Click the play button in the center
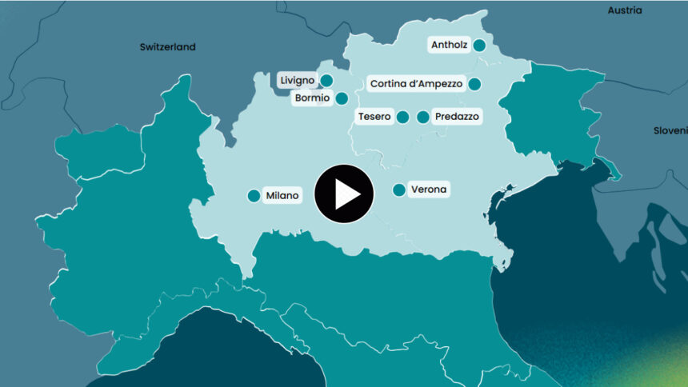(344, 193)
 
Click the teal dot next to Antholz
(479, 46)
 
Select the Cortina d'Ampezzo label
(414, 83)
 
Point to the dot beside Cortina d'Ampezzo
(474, 84)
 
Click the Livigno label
(297, 80)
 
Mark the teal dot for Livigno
(326, 80)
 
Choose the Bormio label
(312, 98)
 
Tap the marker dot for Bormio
(342, 99)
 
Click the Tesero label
(374, 117)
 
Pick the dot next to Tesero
(402, 118)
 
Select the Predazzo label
(457, 117)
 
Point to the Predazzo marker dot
(422, 118)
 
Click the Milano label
(282, 195)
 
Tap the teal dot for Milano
(254, 196)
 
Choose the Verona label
(429, 190)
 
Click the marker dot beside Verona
(398, 190)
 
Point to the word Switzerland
(167, 47)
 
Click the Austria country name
(624, 10)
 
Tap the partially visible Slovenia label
(670, 130)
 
